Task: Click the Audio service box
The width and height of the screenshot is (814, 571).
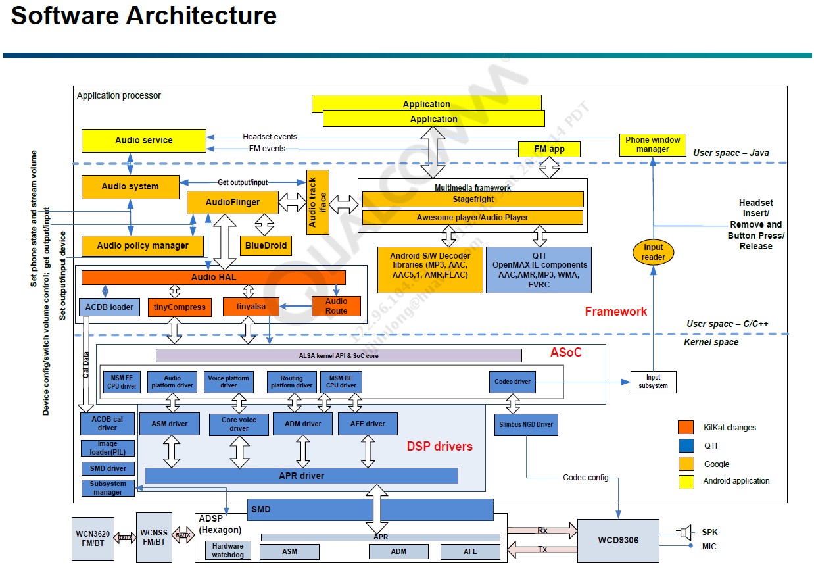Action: click(143, 140)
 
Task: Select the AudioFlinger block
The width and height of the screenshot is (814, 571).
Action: click(232, 203)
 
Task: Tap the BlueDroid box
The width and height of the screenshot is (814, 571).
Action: click(265, 245)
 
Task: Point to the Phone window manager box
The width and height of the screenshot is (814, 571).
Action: click(652, 145)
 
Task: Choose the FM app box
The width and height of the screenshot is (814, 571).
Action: click(549, 149)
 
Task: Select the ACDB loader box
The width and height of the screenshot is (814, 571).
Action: click(109, 307)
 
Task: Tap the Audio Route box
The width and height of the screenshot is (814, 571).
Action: click(336, 306)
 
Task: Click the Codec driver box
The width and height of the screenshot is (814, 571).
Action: click(513, 382)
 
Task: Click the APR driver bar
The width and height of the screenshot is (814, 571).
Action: click(302, 476)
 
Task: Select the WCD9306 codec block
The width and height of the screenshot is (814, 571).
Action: click(618, 541)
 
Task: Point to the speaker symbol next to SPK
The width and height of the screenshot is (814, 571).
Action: click(686, 532)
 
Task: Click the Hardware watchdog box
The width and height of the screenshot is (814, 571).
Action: click(227, 551)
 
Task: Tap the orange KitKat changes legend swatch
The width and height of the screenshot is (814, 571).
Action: click(685, 427)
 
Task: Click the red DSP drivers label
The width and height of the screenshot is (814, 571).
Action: click(439, 447)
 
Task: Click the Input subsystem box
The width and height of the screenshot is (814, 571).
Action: click(653, 382)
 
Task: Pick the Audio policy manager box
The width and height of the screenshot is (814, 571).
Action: click(143, 245)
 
